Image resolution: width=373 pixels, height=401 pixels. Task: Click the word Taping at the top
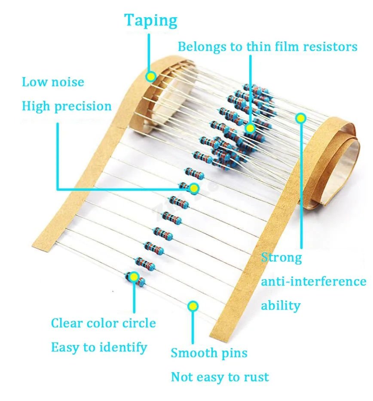(x=151, y=21)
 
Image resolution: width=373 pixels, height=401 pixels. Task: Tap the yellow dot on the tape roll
(x=150, y=77)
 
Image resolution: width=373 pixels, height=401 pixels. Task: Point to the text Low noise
(x=53, y=82)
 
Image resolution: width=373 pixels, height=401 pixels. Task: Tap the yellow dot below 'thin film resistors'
(x=250, y=128)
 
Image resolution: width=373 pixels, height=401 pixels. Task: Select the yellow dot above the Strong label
(x=301, y=117)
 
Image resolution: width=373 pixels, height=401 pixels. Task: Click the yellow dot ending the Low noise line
(x=194, y=188)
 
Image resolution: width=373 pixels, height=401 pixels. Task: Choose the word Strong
(x=281, y=258)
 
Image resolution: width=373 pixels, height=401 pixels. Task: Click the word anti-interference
(x=314, y=282)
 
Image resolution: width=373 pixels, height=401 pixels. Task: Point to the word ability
(x=281, y=306)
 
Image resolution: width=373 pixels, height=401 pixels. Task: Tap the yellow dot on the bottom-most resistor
(x=134, y=277)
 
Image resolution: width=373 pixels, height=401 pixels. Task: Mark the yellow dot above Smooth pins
(x=193, y=306)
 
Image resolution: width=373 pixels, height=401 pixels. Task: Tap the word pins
(x=234, y=354)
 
